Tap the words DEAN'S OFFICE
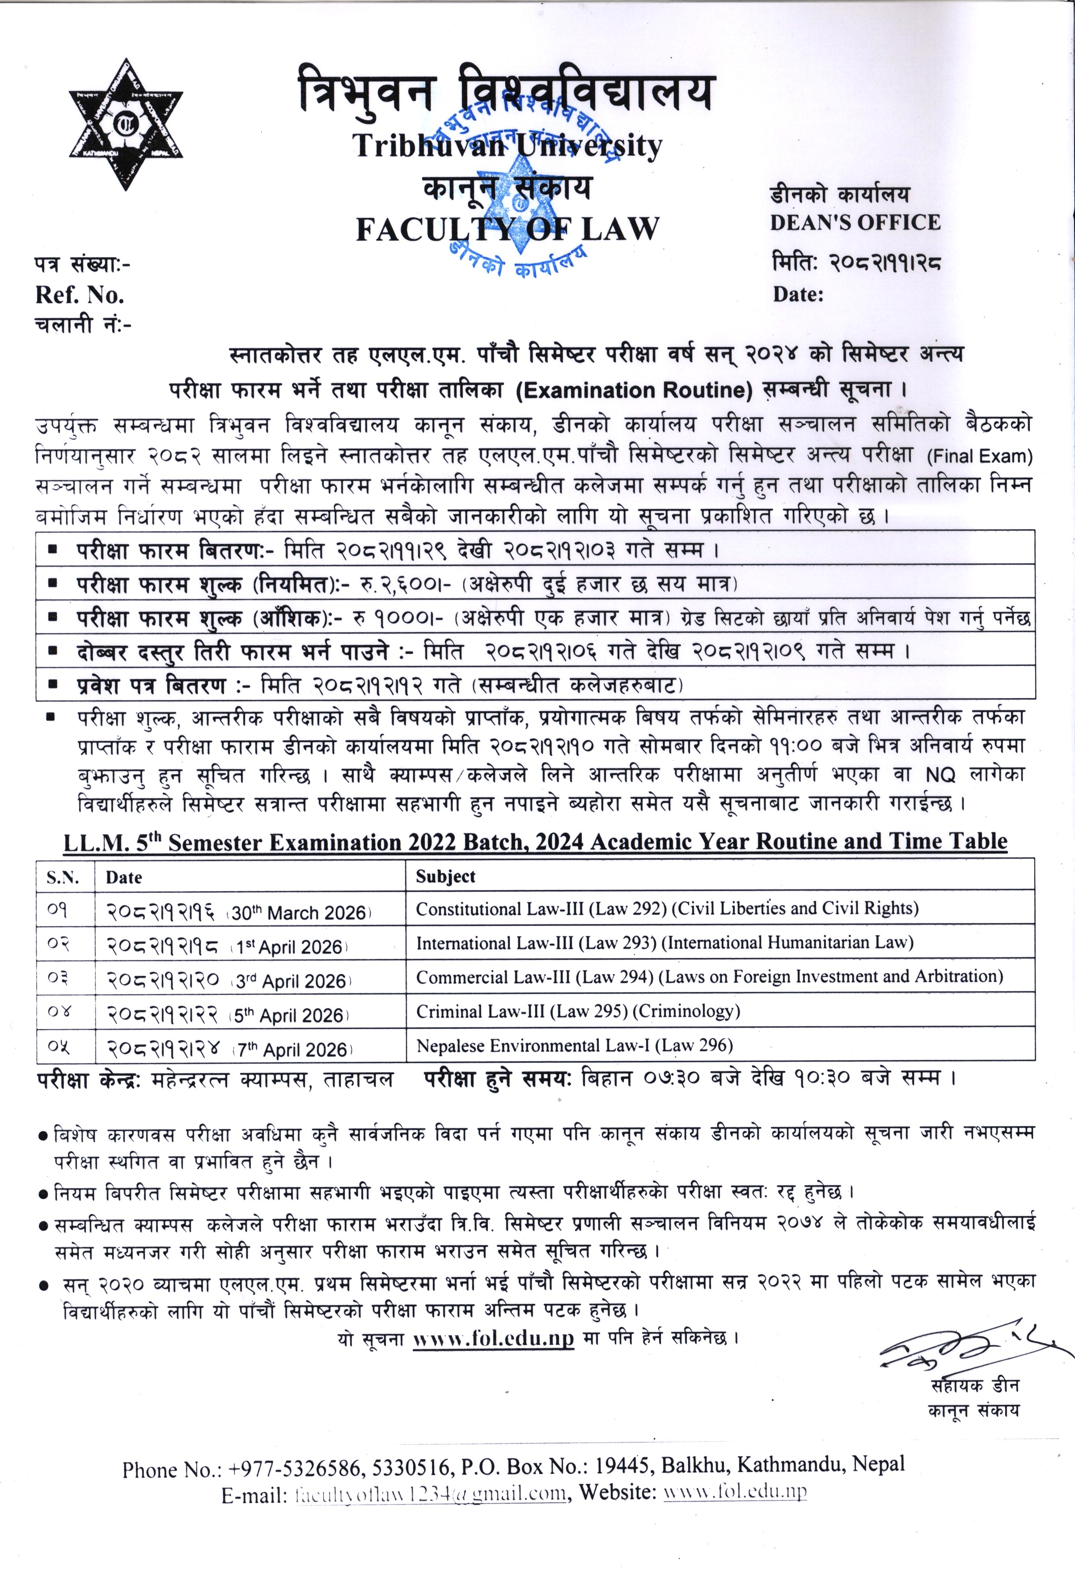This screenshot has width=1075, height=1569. (x=855, y=223)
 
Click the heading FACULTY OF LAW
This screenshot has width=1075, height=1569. (x=508, y=229)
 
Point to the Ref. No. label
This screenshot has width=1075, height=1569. (x=80, y=295)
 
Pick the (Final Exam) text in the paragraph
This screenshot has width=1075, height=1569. (x=980, y=456)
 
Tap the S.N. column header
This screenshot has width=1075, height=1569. (x=63, y=878)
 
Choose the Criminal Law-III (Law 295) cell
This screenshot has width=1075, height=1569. (x=578, y=1011)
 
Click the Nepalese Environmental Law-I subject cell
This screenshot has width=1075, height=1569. (x=574, y=1046)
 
